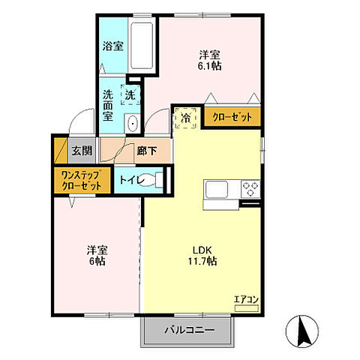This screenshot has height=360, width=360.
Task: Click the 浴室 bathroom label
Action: (113, 46)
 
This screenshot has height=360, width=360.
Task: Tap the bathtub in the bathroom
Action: (142, 46)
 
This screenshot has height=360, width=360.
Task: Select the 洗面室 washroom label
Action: (108, 105)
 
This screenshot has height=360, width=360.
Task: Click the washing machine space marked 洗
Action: (130, 94)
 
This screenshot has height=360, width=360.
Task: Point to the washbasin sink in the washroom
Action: (132, 124)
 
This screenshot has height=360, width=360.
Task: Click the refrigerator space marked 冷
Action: (185, 118)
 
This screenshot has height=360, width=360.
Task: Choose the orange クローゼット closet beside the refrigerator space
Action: (232, 117)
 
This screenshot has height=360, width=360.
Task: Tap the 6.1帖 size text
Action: (209, 66)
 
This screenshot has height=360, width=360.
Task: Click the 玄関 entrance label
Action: (82, 151)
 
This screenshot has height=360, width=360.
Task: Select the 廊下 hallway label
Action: (147, 151)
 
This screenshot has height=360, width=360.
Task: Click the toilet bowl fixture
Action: (153, 180)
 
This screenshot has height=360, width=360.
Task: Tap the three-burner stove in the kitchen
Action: (250, 189)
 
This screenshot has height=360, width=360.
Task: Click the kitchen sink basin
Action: (217, 189)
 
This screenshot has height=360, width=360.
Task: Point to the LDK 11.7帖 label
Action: (202, 256)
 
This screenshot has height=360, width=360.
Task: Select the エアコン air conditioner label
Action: (246, 300)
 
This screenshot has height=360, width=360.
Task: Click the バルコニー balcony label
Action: (190, 330)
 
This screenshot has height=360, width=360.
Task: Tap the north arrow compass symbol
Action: (302, 331)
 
